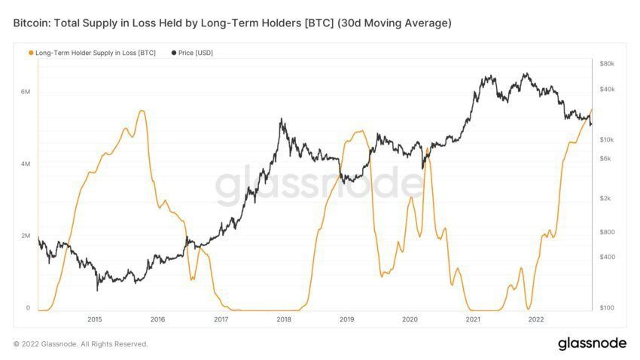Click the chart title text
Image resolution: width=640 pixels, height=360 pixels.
click(x=232, y=23)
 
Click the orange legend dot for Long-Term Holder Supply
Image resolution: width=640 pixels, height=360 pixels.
click(x=30, y=53)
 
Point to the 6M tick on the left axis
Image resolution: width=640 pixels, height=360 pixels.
click(x=26, y=92)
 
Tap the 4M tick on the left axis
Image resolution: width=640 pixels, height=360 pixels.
click(x=26, y=164)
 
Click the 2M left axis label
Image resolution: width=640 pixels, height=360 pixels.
click(x=26, y=236)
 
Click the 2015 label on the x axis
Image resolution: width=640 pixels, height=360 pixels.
click(x=94, y=319)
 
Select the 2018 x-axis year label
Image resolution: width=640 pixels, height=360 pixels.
click(x=284, y=319)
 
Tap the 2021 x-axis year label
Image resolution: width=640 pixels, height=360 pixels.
click(x=473, y=319)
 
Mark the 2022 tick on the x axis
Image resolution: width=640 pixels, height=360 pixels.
click(x=536, y=319)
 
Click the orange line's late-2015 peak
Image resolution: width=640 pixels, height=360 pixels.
click(x=142, y=111)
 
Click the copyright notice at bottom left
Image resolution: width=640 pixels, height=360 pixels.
click(x=81, y=344)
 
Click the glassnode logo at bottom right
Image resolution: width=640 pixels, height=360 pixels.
click(x=592, y=343)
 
